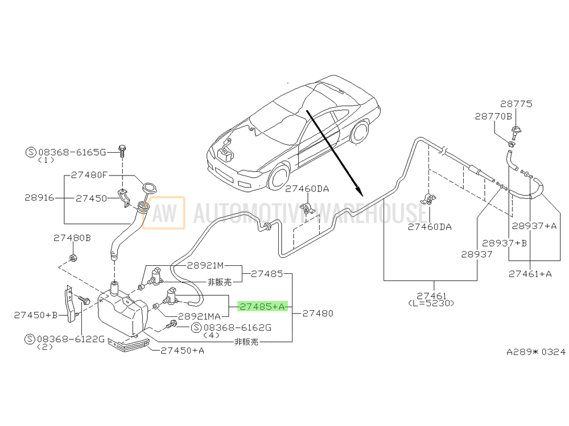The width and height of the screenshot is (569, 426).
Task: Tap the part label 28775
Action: pyautogui.click(x=516, y=104)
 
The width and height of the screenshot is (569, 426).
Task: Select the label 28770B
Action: pyautogui.click(x=494, y=116)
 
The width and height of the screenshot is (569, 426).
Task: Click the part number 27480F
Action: pyautogui.click(x=89, y=176)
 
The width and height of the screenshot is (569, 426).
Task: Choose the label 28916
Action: pyautogui.click(x=39, y=198)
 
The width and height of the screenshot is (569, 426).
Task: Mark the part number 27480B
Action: pyautogui.click(x=72, y=238)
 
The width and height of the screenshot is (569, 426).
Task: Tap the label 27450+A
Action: pyautogui.click(x=182, y=350)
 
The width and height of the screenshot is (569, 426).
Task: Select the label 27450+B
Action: pyautogui.click(x=36, y=314)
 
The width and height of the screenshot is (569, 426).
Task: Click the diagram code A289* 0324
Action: pyautogui.click(x=536, y=352)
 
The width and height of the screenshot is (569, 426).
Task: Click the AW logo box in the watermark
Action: pyautogui.click(x=163, y=213)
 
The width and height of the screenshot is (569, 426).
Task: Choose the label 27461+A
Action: pyautogui.click(x=530, y=273)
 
